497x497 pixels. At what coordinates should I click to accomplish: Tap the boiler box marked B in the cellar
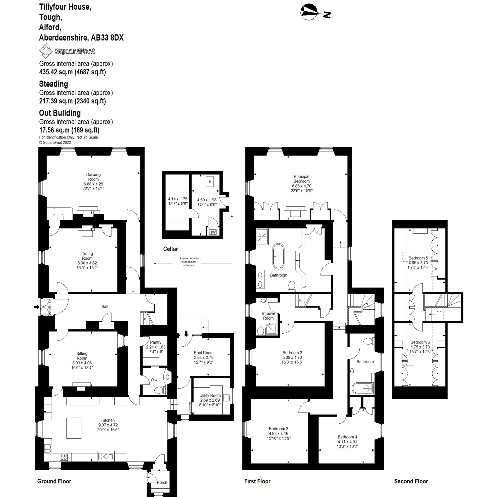[x=210, y=181]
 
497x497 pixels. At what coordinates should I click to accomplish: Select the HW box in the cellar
[x=212, y=232]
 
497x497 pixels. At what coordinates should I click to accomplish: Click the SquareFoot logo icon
[x=46, y=51]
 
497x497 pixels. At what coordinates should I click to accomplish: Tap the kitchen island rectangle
[x=74, y=428]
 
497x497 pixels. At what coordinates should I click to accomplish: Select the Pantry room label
[x=156, y=342]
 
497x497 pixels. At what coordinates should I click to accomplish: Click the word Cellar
[x=171, y=249]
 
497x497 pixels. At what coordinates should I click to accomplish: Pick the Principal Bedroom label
[x=301, y=179]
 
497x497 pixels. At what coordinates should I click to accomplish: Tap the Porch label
[x=162, y=482]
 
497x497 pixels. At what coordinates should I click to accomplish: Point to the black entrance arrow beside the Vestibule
[x=37, y=307]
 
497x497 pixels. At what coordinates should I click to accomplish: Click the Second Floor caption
[x=411, y=481]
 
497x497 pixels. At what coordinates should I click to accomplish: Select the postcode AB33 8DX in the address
[x=107, y=38]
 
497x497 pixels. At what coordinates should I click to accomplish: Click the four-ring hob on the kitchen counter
[x=64, y=457]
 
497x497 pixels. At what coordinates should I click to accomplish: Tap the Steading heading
[x=53, y=84]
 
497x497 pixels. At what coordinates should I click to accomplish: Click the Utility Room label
[x=210, y=395]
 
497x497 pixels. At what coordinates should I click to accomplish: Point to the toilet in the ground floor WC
[x=159, y=390]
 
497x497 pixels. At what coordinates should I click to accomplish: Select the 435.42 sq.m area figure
[x=56, y=72]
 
